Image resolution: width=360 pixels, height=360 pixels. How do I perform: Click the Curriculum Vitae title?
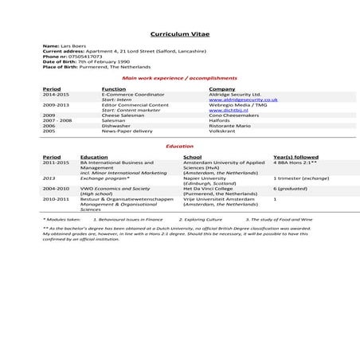click(179, 35)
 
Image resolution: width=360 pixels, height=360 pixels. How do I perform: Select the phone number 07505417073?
click(84, 57)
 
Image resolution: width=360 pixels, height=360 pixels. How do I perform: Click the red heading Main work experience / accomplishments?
click(179, 78)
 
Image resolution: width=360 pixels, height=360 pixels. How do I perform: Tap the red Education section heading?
click(179, 147)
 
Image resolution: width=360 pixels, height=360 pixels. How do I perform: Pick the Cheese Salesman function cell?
click(120, 115)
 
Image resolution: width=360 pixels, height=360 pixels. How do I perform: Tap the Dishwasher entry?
click(115, 126)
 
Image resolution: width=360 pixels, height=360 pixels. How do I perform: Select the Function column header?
click(115, 88)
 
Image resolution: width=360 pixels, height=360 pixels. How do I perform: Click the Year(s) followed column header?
click(295, 157)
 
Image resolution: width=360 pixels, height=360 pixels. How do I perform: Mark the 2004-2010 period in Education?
click(55, 188)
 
